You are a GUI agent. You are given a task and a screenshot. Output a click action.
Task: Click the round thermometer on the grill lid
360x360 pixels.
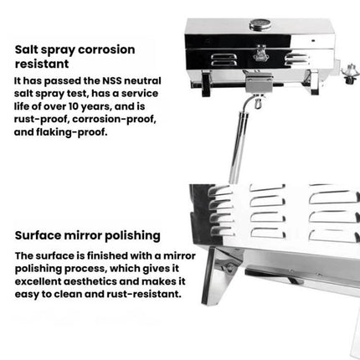click(260, 24)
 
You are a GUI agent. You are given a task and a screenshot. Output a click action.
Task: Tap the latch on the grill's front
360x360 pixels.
click(260, 53)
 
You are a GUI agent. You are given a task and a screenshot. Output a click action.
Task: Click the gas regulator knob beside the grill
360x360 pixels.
click(349, 74)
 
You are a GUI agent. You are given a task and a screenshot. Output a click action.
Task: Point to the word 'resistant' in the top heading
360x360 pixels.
click(42, 64)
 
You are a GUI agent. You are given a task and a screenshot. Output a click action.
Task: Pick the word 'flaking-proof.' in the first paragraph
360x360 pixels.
click(72, 132)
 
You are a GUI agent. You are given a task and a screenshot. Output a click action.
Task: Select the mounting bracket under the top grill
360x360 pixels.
click(259, 83)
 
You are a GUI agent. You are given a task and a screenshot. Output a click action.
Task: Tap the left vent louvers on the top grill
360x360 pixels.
click(224, 59)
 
